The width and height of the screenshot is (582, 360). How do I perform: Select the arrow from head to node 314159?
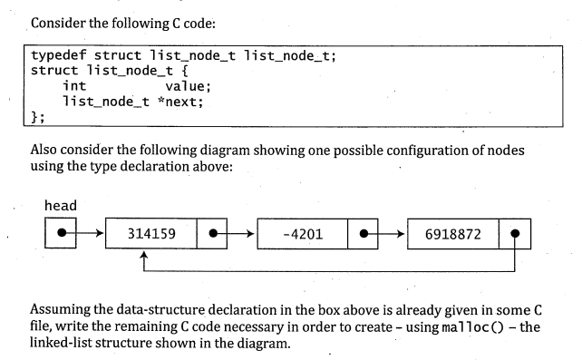click(x=87, y=235)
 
